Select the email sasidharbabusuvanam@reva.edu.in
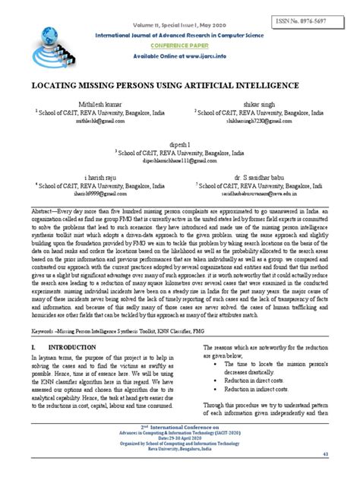[263, 193]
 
